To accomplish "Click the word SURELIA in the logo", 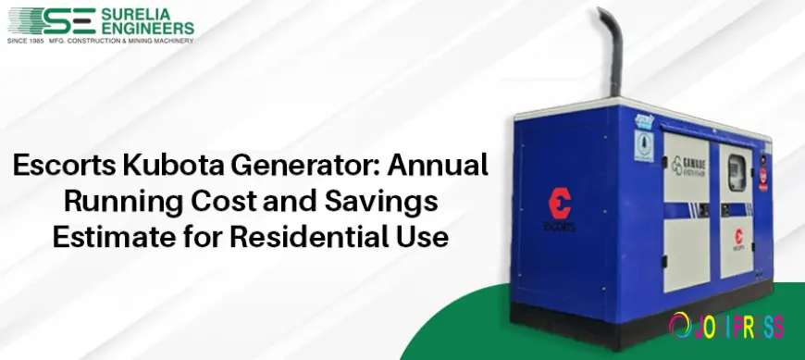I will click(x=139, y=13).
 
